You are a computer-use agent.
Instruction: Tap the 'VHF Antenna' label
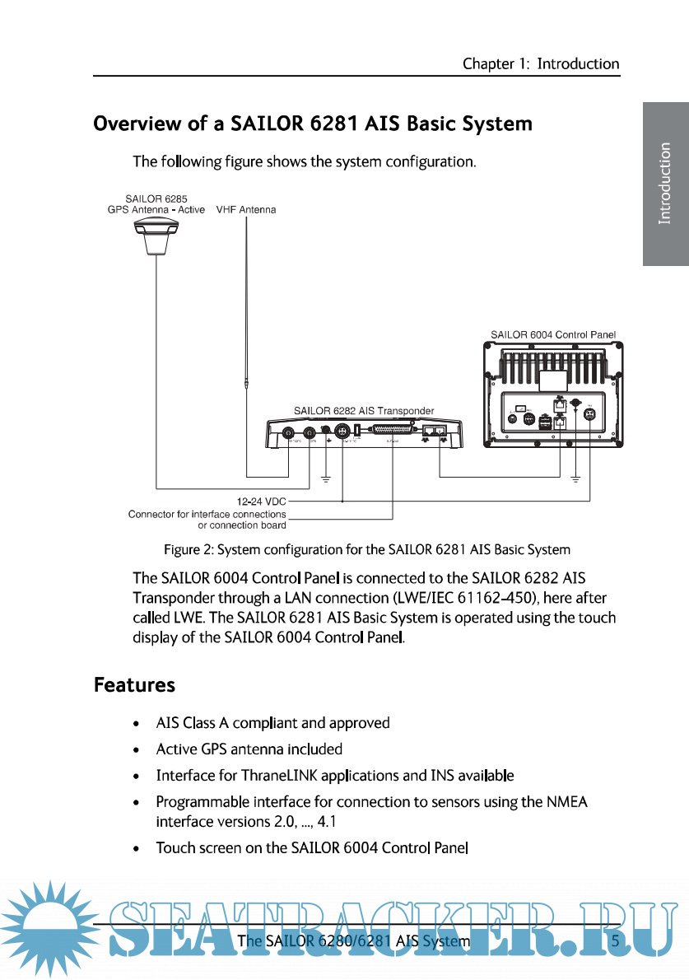245,210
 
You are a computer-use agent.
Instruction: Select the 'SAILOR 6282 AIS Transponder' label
364,410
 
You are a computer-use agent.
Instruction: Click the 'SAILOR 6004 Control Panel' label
553,335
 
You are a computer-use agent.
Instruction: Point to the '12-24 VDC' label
261,500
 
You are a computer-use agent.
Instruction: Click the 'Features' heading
134,685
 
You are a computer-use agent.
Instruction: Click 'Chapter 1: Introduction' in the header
540,63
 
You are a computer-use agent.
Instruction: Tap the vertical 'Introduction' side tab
665,184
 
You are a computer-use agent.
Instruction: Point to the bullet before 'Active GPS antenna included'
136,750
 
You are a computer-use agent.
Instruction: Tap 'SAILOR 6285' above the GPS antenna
150,198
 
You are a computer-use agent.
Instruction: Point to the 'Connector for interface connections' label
207,514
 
